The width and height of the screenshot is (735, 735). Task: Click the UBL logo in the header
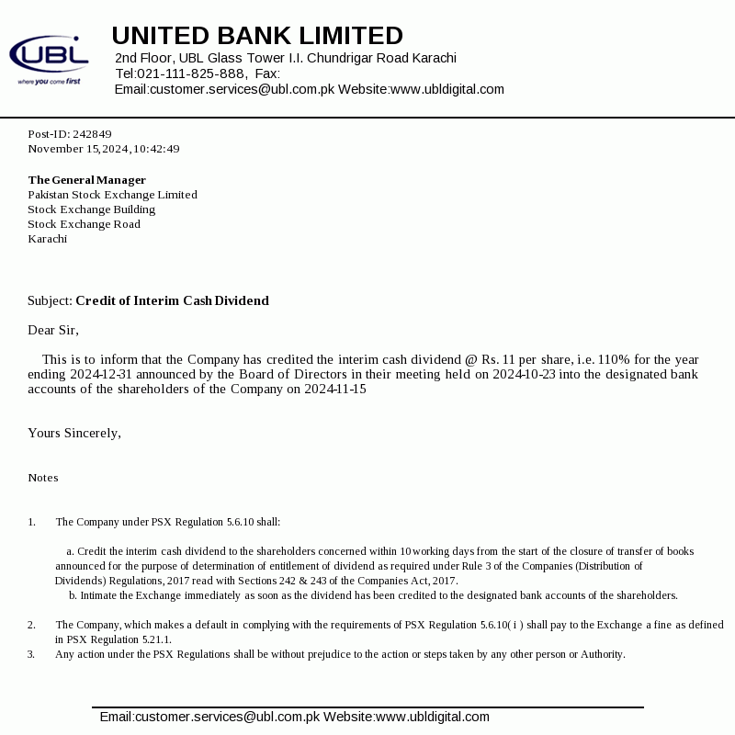pyautogui.click(x=49, y=58)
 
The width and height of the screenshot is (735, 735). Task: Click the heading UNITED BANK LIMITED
pyautogui.click(x=257, y=36)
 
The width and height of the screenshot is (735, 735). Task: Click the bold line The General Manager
pyautogui.click(x=86, y=180)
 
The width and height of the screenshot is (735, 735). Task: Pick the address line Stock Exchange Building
pyautogui.click(x=91, y=209)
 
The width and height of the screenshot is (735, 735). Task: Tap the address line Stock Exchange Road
pyautogui.click(x=84, y=224)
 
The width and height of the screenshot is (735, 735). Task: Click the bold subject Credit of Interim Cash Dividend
pyautogui.click(x=172, y=300)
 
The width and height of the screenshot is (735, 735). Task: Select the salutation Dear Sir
pyautogui.click(x=53, y=330)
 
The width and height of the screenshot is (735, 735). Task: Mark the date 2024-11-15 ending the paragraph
pyautogui.click(x=335, y=389)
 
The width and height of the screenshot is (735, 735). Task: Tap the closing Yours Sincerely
pyautogui.click(x=73, y=433)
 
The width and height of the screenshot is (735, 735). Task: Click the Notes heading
pyautogui.click(x=43, y=478)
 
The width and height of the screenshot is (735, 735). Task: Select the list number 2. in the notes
pyautogui.click(x=31, y=625)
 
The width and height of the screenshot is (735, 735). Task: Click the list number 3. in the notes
pyautogui.click(x=31, y=654)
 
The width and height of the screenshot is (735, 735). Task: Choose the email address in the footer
pyautogui.click(x=209, y=717)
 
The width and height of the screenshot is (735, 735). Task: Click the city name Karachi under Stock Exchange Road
pyautogui.click(x=47, y=239)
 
